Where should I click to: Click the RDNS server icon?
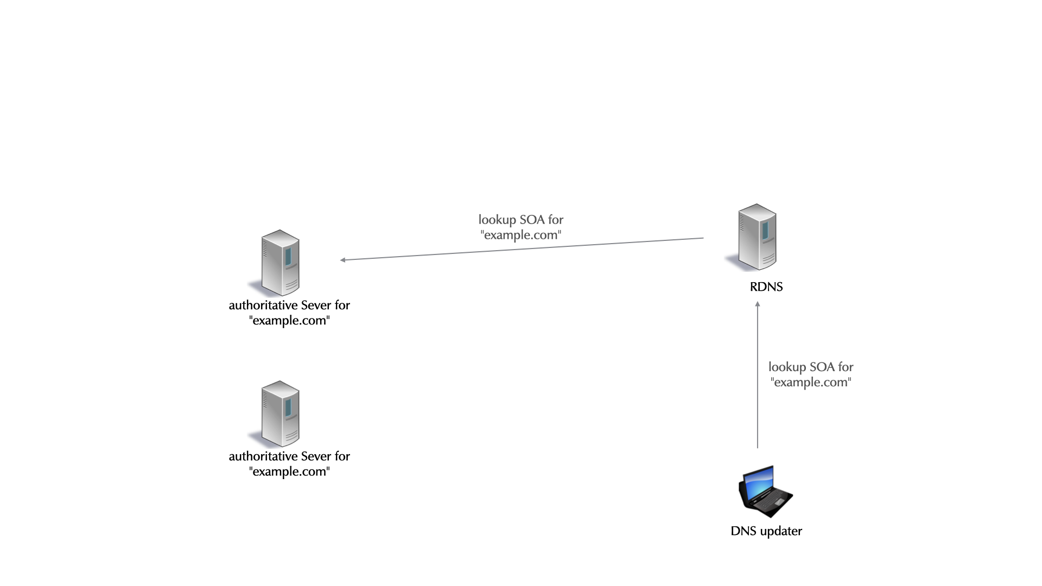tap(757, 237)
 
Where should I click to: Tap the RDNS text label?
tap(766, 287)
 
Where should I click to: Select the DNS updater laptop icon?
tap(766, 491)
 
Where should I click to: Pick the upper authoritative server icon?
tap(280, 263)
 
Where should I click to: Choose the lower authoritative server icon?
tap(280, 413)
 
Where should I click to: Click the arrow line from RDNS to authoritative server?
tap(521, 249)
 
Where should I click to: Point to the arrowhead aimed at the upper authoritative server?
tap(343, 260)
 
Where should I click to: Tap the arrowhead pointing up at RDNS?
tap(758, 304)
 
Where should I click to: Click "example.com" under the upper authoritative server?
tap(290, 321)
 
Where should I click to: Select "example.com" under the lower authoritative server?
tap(290, 472)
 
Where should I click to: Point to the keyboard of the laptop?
tap(771, 502)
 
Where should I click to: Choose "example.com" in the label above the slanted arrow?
tap(521, 235)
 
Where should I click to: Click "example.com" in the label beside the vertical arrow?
tap(811, 383)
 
